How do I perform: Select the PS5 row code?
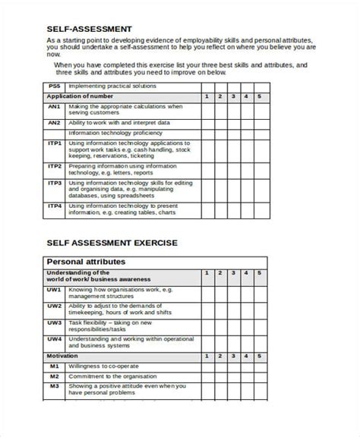tap(54, 87)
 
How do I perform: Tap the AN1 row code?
tap(54, 107)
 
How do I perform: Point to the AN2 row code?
tap(54, 122)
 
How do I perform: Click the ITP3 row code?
tap(54, 183)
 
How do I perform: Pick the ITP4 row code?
tap(54, 205)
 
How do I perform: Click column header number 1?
tap(206, 97)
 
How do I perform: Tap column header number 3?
tap(232, 97)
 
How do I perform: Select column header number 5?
tap(259, 97)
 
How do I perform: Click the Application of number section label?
tap(79, 97)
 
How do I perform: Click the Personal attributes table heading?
tap(85, 262)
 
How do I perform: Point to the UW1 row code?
tap(54, 290)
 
